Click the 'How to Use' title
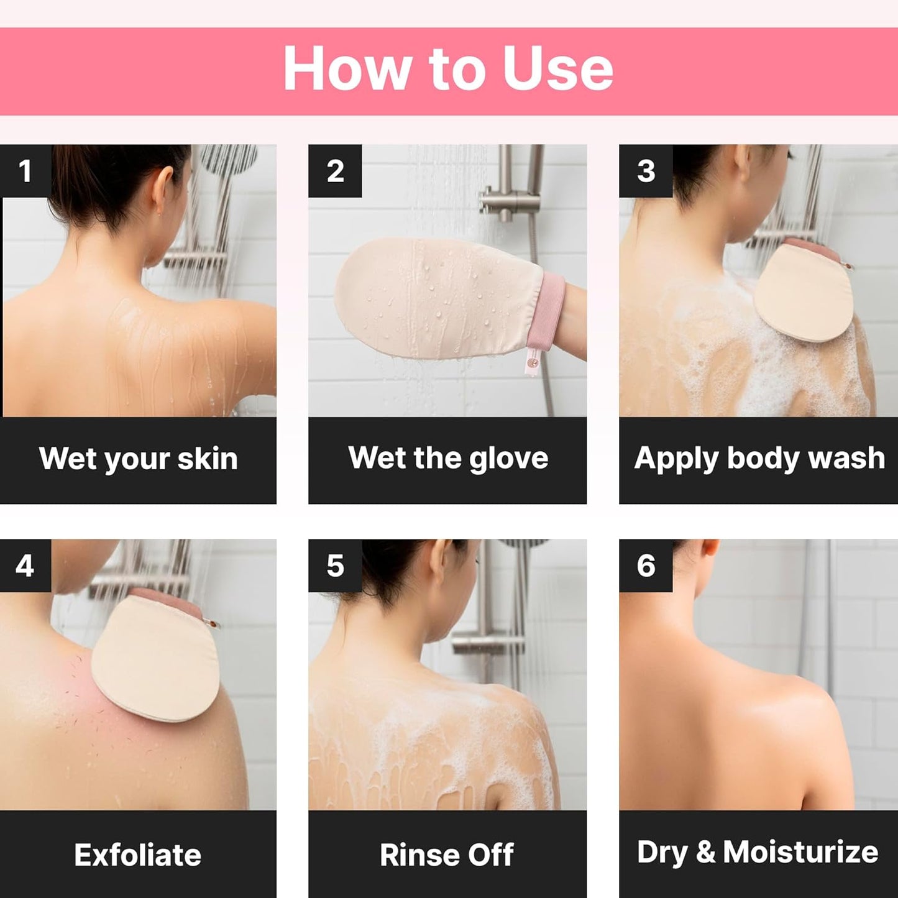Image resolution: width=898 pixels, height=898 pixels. click(448, 69)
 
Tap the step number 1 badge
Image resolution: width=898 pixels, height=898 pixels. click(25, 172)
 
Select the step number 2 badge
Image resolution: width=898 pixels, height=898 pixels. click(335, 172)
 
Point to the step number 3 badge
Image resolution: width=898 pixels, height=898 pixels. click(646, 172)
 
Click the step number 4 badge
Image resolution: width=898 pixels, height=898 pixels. click(25, 566)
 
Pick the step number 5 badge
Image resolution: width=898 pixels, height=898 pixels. click(335, 566)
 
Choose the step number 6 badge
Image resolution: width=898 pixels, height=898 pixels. click(646, 566)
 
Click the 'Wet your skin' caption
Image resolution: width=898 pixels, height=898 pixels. click(138, 459)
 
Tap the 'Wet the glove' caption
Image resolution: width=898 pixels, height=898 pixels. click(448, 459)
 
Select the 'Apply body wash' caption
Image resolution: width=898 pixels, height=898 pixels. click(759, 459)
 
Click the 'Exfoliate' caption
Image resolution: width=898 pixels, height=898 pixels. click(138, 855)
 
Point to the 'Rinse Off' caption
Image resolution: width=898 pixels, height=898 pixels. click(447, 855)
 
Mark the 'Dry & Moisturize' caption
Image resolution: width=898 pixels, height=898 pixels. click(758, 852)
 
